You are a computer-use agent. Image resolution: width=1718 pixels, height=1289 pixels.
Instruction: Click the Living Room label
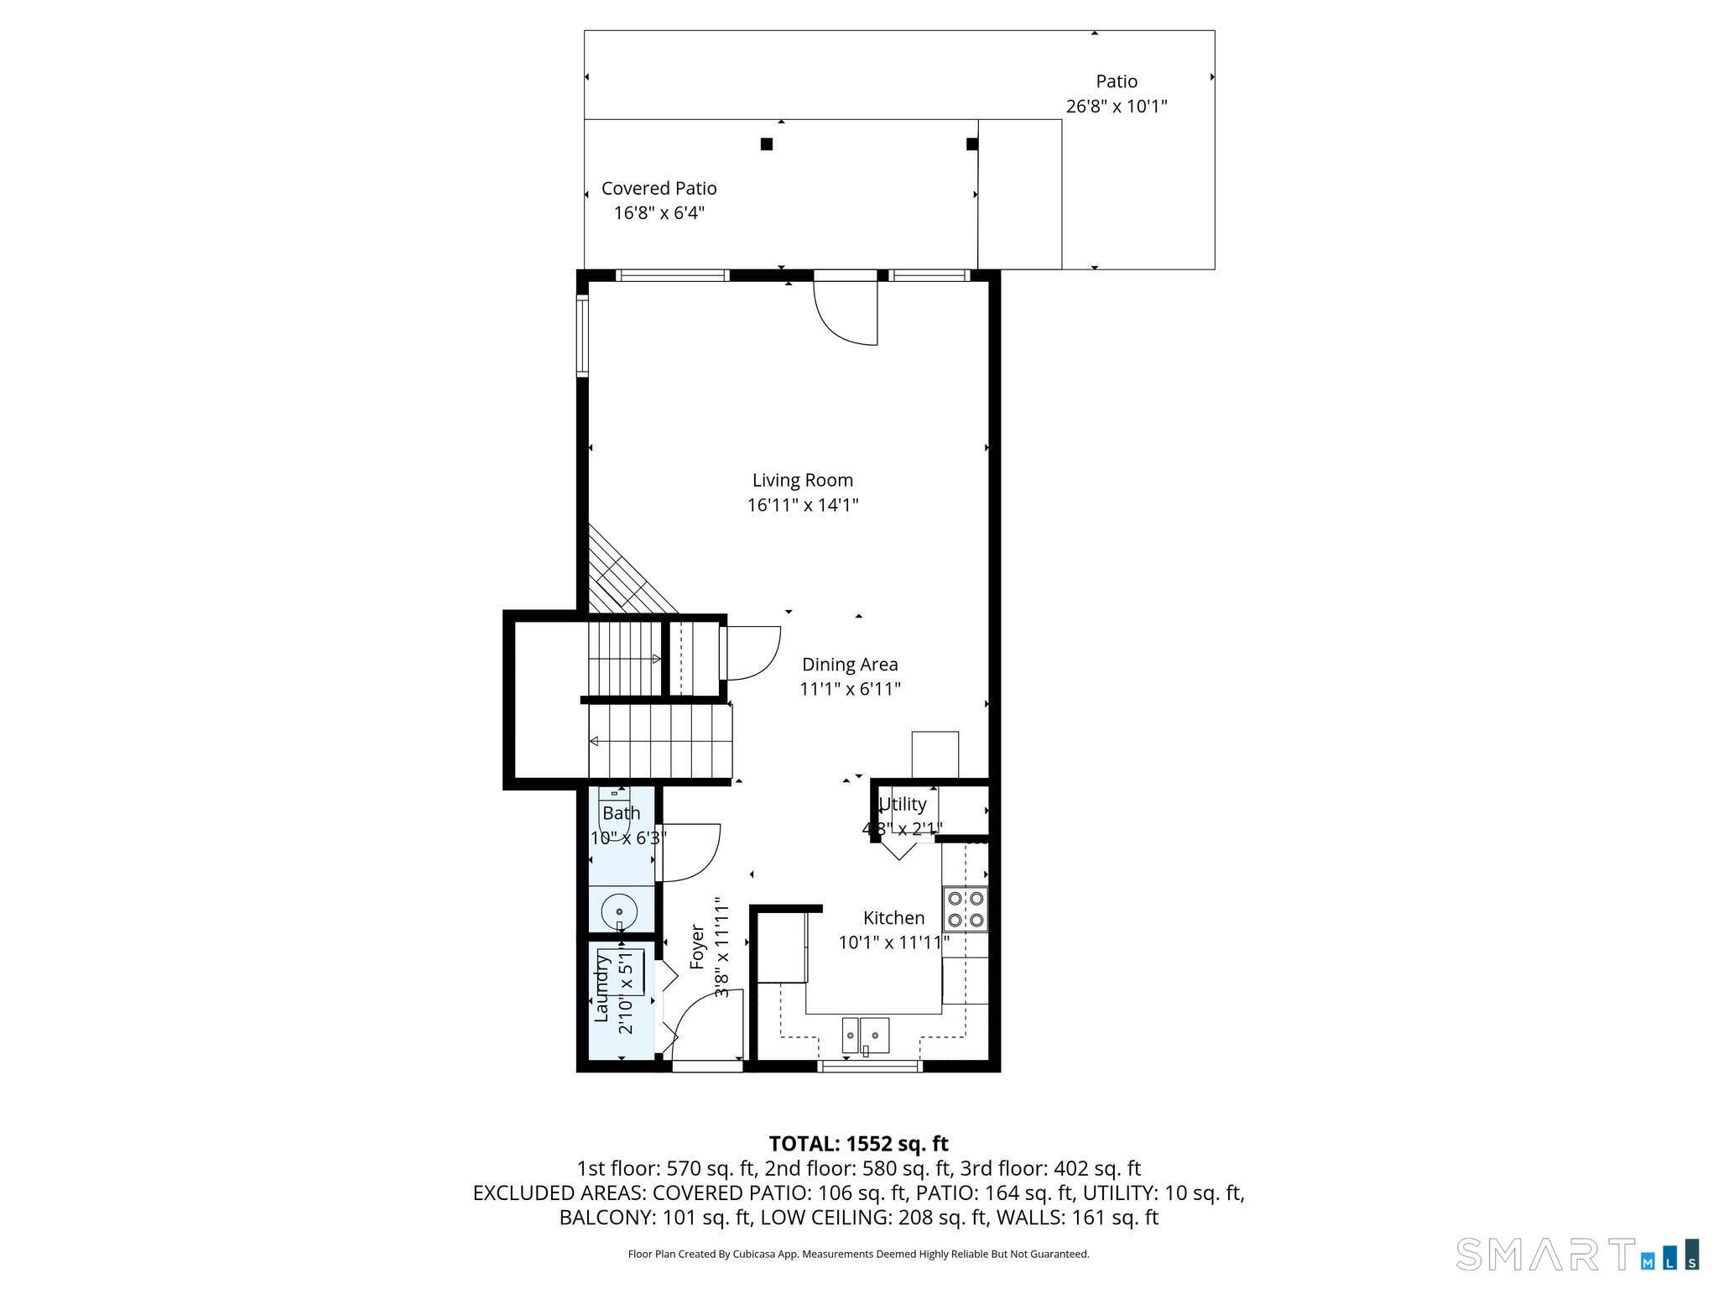pos(802,480)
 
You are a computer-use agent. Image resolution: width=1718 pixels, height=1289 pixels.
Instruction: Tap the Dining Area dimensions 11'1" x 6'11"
pos(850,689)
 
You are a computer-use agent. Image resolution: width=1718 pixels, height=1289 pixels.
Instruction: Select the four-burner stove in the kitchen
pos(966,909)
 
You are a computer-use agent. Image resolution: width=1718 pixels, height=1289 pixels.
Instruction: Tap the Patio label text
pos(1117,81)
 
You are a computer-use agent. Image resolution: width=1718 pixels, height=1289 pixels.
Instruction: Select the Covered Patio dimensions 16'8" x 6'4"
pos(659,213)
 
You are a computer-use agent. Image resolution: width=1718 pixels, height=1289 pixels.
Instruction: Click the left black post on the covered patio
pos(766,144)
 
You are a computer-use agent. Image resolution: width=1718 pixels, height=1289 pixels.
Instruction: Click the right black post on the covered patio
pos(971,144)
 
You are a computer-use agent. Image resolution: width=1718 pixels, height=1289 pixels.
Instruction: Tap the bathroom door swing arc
pos(692,853)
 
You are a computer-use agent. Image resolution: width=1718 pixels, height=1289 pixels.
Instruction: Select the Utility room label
pos(903,804)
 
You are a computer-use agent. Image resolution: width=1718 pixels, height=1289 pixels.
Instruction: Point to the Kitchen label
pos(893,918)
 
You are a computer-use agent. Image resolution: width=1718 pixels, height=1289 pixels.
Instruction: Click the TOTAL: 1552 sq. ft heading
pos(858,1144)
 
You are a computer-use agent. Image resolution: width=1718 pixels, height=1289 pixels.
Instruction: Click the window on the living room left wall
pos(581,335)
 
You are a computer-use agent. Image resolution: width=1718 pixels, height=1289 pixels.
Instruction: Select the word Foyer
pos(696,947)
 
